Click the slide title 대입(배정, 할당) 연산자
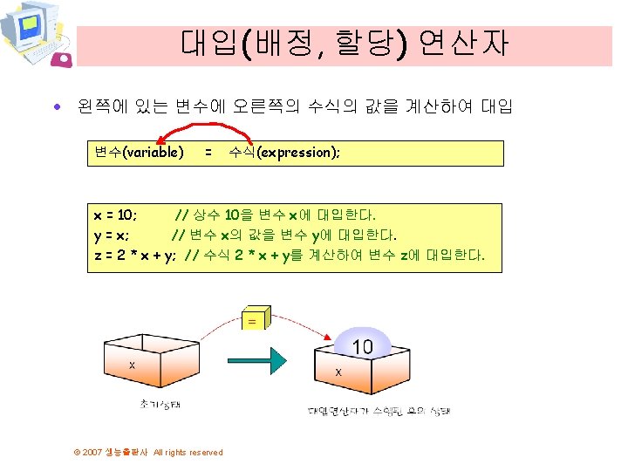tap(345, 43)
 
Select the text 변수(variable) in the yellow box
tap(139, 153)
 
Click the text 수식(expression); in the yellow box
tap(284, 153)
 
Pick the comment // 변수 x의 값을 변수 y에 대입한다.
tap(284, 235)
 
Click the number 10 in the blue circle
tap(362, 346)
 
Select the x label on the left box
tap(133, 365)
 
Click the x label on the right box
tap(338, 372)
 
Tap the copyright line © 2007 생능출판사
tap(147, 452)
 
